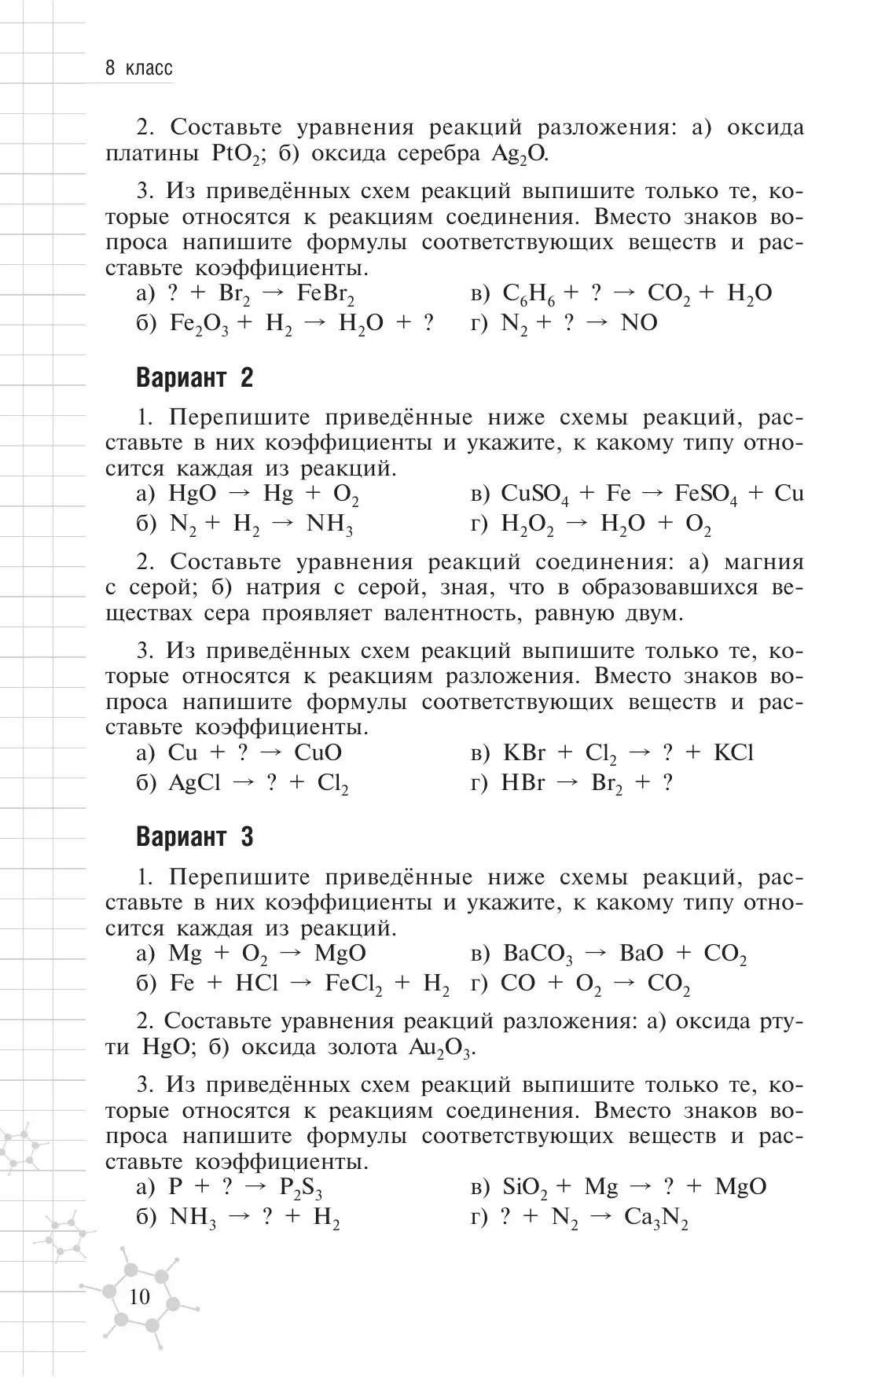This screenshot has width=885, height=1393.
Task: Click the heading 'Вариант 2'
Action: click(195, 378)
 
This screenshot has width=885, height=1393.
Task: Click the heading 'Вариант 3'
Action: click(195, 837)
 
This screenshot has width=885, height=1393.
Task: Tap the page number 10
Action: click(139, 1296)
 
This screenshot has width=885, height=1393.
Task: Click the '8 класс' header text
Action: click(139, 68)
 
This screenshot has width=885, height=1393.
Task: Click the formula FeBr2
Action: click(326, 294)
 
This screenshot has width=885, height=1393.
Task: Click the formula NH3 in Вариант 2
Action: click(329, 525)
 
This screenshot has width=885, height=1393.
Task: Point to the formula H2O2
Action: click(527, 525)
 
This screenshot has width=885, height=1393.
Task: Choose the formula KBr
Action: click(523, 753)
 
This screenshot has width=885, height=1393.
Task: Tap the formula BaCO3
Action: click(538, 954)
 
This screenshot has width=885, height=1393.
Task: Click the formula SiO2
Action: click(525, 1188)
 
